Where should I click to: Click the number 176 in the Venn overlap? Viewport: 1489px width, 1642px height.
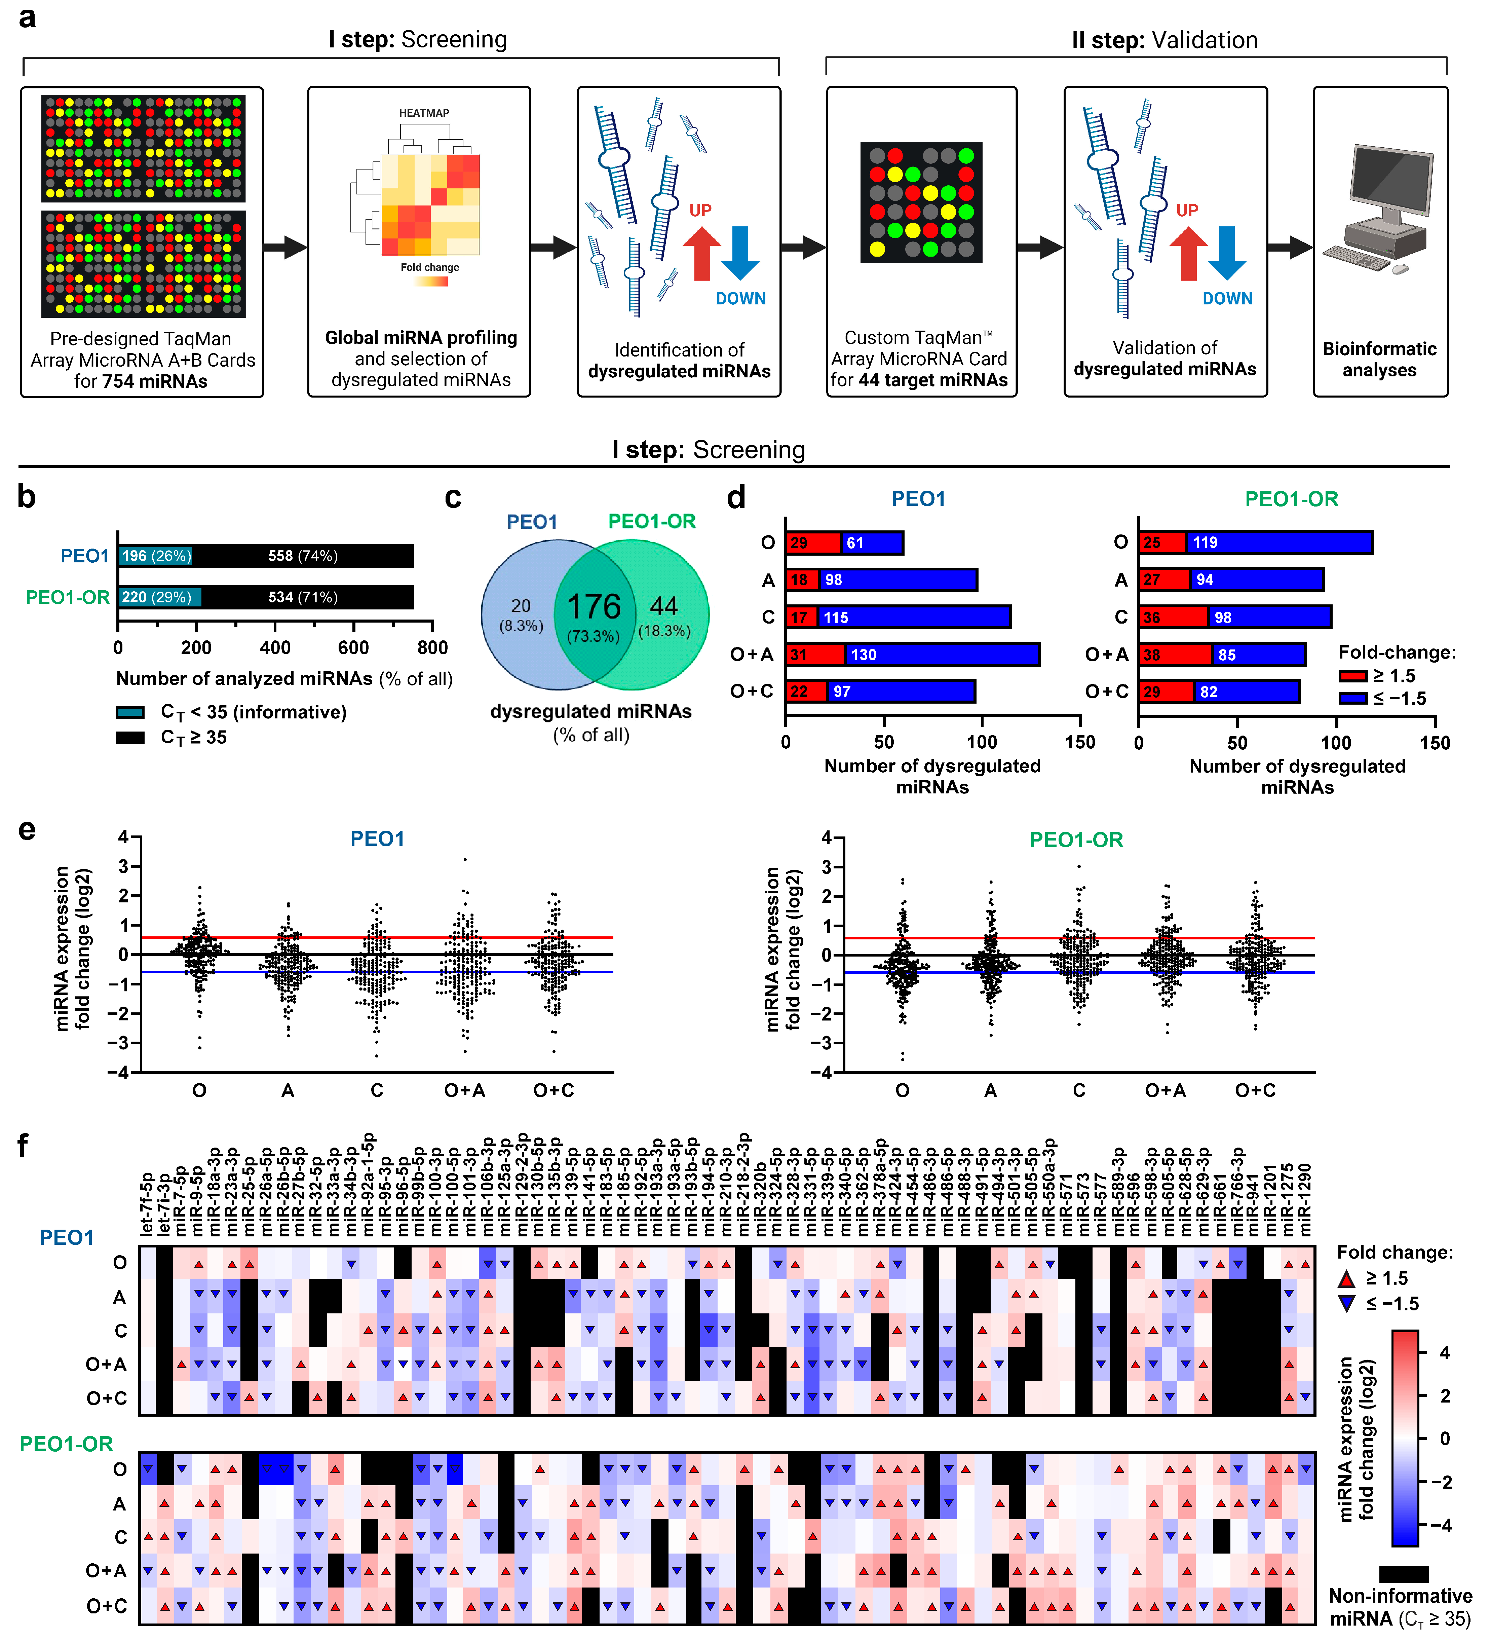tap(594, 607)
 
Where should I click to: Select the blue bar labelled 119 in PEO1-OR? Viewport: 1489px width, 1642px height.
tap(1279, 543)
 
